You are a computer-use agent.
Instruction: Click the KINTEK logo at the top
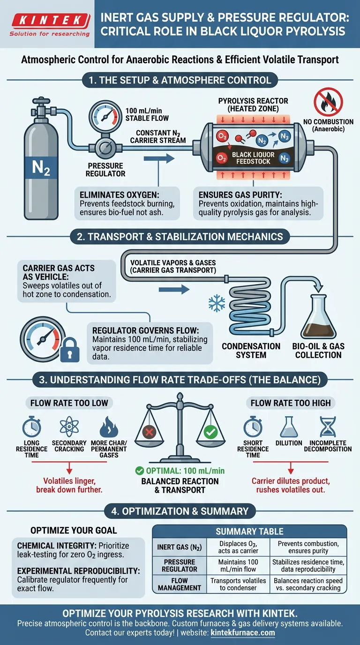click(x=50, y=24)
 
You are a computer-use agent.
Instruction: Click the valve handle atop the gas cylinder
click(x=41, y=101)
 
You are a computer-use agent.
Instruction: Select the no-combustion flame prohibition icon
click(x=328, y=102)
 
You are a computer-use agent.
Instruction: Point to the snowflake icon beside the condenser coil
click(x=217, y=303)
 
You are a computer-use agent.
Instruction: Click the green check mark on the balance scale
click(x=210, y=432)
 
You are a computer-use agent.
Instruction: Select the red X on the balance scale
click(x=149, y=432)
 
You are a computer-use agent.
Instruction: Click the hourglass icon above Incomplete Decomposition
click(x=328, y=427)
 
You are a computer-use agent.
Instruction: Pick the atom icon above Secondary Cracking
click(x=69, y=427)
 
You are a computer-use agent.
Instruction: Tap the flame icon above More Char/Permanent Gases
click(x=109, y=427)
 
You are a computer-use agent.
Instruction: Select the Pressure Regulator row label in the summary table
click(x=180, y=565)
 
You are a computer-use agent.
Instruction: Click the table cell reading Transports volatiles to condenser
click(x=238, y=584)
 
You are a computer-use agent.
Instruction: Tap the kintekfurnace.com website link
click(x=243, y=633)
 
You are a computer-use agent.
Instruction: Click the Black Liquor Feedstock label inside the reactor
click(x=253, y=158)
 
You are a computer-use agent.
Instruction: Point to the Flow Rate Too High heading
click(x=291, y=403)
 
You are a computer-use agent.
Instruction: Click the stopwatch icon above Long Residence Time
click(x=32, y=427)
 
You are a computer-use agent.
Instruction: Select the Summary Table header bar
click(x=249, y=531)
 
